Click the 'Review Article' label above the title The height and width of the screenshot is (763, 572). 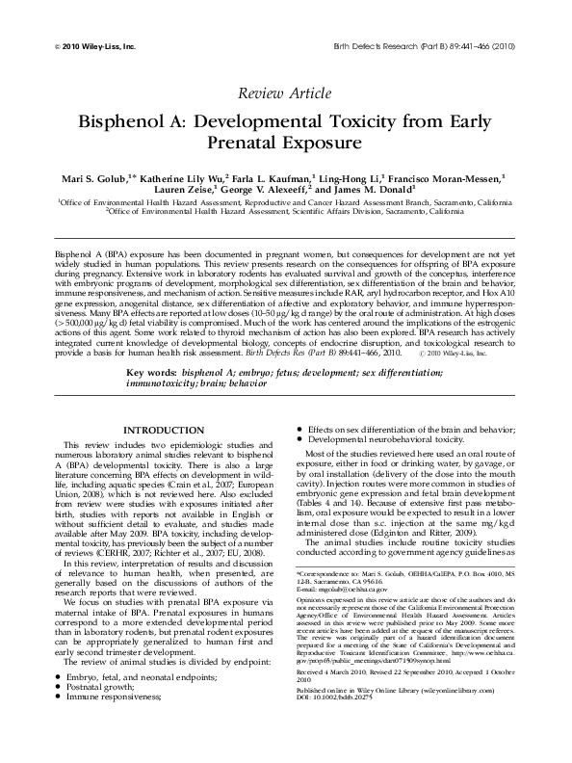(286, 92)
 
